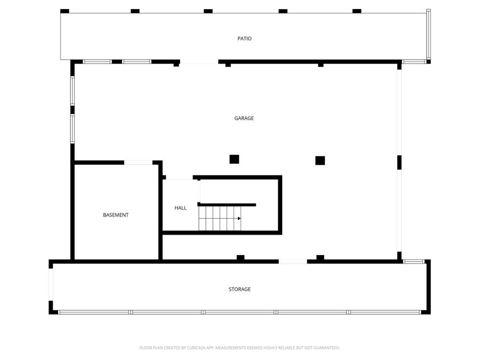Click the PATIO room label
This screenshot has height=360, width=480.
click(244, 38)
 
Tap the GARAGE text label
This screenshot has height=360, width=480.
click(244, 118)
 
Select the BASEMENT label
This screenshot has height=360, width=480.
click(116, 215)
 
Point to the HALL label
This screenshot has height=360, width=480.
click(180, 208)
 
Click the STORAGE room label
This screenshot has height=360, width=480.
click(239, 289)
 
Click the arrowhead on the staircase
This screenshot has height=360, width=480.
click(239, 218)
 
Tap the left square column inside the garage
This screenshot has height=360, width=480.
click(234, 159)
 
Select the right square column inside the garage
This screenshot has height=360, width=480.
click(320, 161)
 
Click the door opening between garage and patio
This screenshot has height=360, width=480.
click(199, 62)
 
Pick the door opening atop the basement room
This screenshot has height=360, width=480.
click(138, 163)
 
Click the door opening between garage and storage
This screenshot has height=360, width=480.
click(293, 261)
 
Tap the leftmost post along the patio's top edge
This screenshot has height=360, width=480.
click(65, 11)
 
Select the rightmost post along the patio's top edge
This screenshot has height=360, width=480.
click(357, 11)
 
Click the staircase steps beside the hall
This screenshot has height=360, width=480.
click(220, 218)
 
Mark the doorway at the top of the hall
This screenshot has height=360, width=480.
click(179, 178)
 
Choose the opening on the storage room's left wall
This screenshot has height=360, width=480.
click(51, 285)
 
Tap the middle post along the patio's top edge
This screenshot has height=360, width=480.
click(208, 11)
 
